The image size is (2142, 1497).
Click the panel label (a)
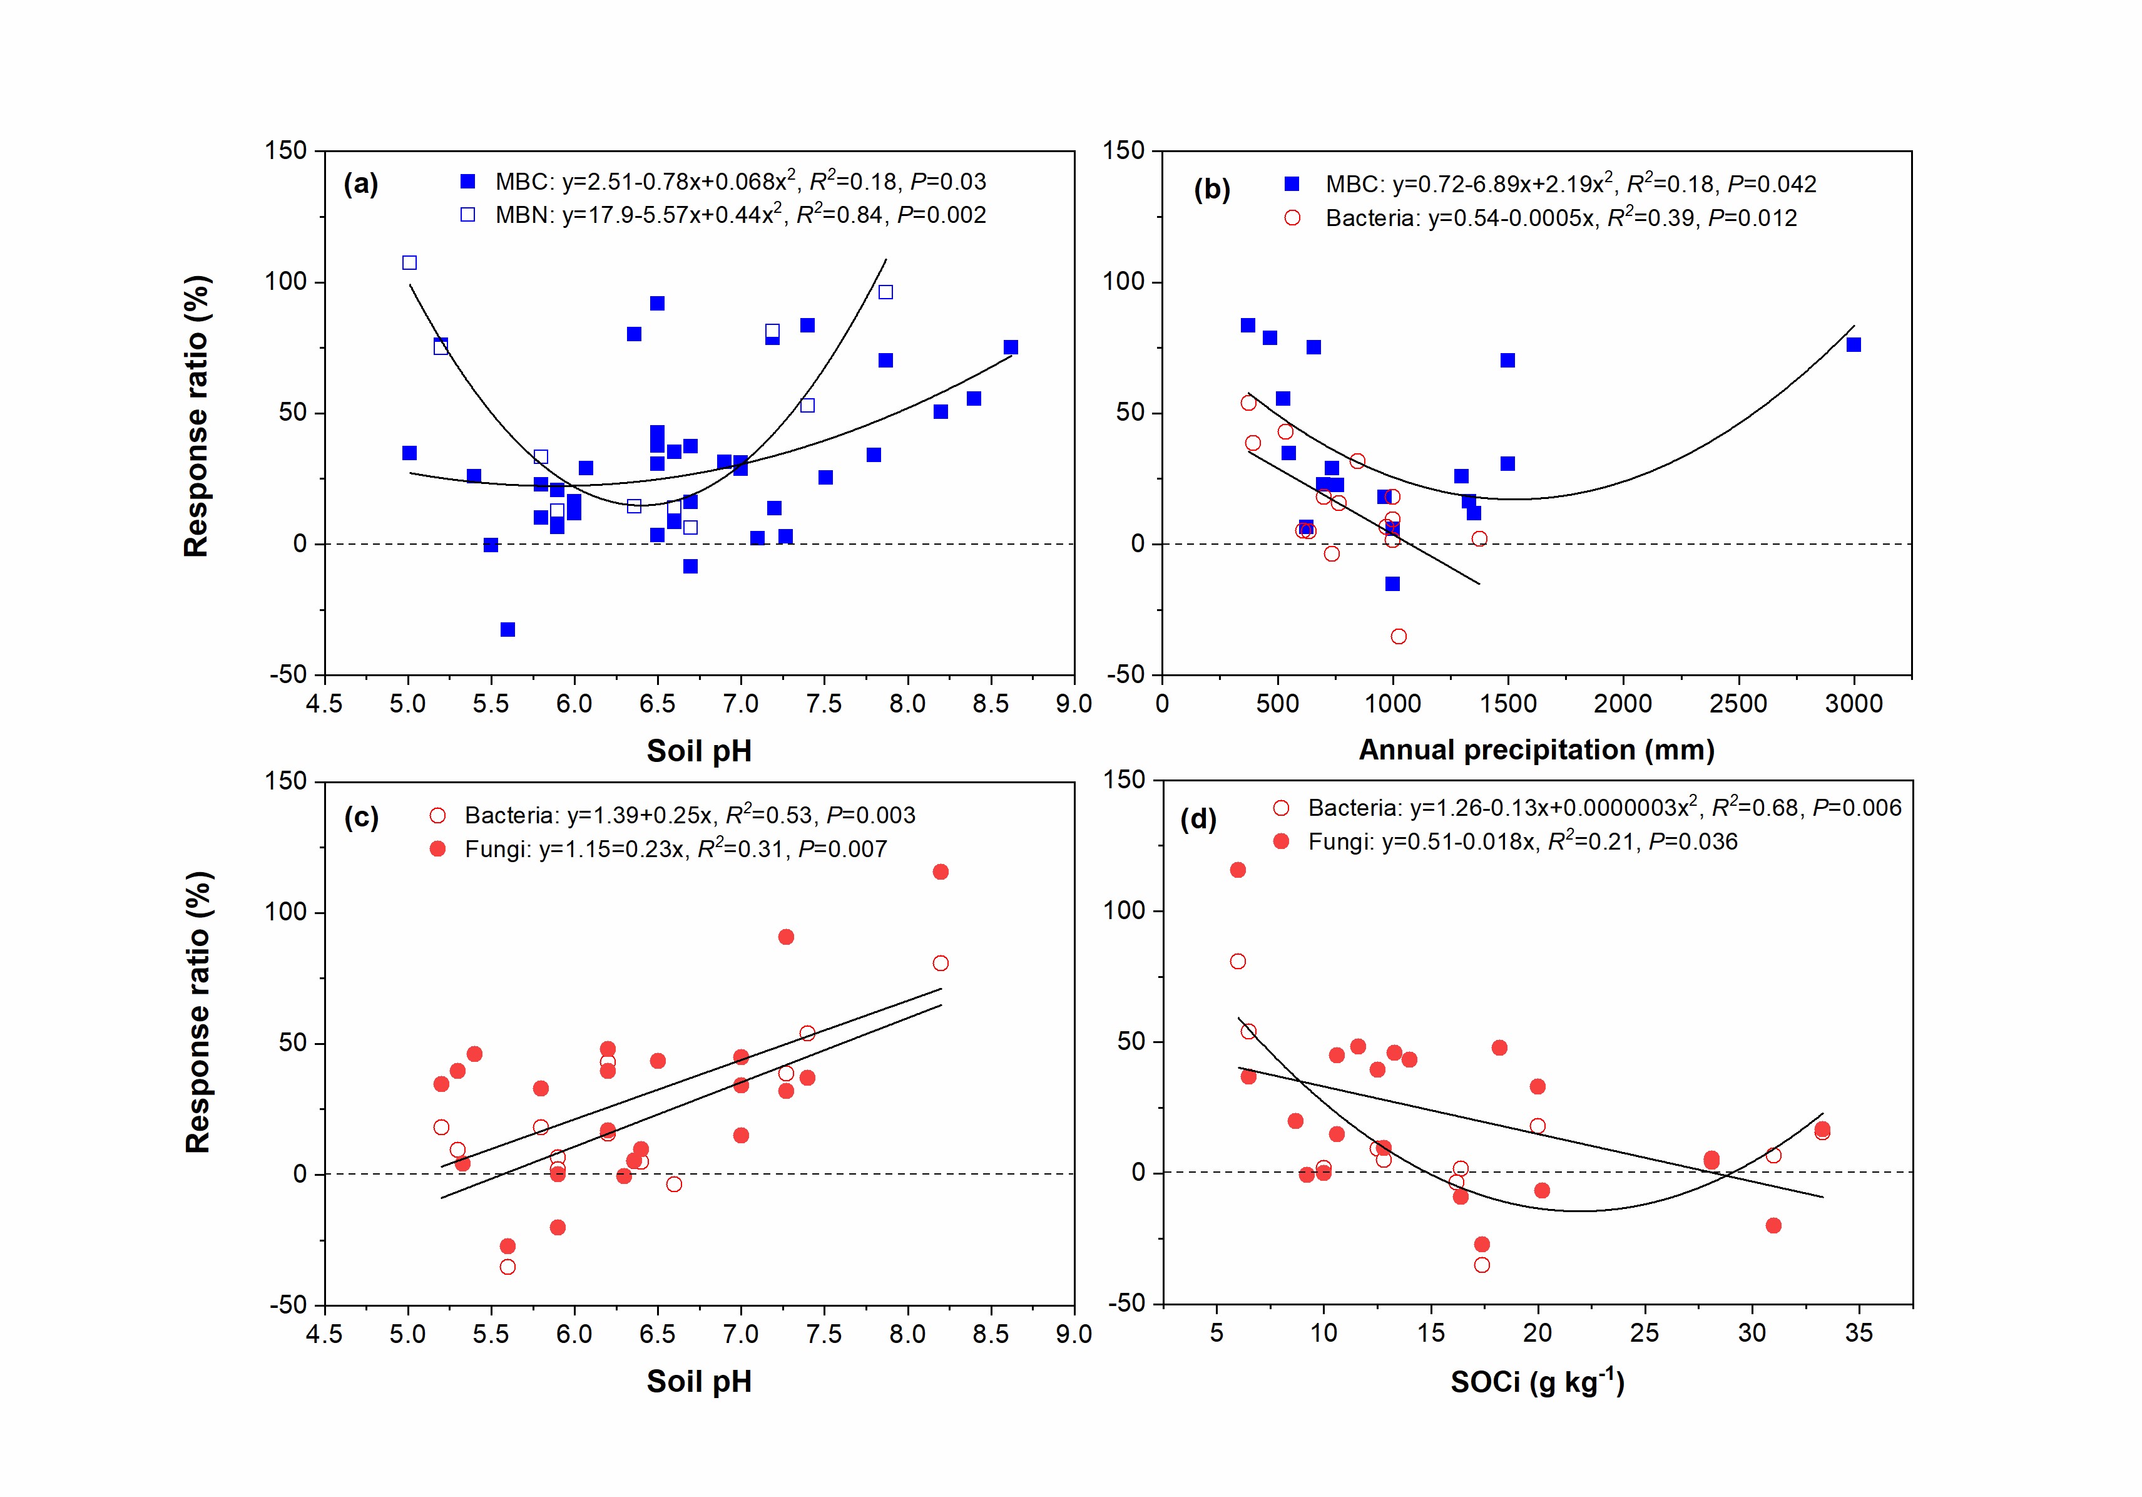click(360, 184)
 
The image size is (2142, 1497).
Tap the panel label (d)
click(1198, 820)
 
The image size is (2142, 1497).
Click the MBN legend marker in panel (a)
click(467, 215)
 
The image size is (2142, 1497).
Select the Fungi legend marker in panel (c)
click(437, 848)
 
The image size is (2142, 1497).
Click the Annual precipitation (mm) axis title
click(1536, 749)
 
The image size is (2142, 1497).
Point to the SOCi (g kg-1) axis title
click(1536, 1381)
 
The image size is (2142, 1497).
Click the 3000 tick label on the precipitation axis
click(1853, 704)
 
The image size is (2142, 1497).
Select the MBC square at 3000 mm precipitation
click(1853, 344)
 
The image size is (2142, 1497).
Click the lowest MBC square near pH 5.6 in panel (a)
click(507, 630)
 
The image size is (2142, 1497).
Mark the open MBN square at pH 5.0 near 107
click(409, 262)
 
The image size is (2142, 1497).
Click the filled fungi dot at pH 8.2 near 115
click(941, 872)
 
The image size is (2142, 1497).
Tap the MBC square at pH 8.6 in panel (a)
click(1011, 347)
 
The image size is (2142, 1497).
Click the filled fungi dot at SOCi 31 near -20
click(1773, 1225)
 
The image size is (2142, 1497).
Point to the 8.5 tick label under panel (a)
click(990, 704)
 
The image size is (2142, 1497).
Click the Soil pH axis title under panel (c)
click(699, 1381)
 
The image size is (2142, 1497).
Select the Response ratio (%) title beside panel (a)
click(196, 416)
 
